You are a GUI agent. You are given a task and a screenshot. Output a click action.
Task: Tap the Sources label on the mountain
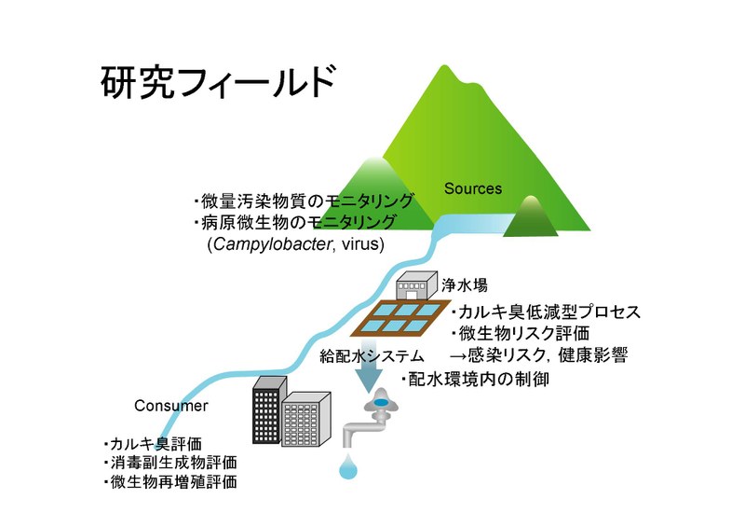[x=472, y=188]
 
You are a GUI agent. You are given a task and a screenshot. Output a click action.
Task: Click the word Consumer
[x=171, y=406]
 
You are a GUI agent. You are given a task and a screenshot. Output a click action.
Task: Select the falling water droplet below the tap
[x=348, y=467]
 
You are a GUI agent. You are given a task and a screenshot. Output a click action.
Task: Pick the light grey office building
[x=307, y=425]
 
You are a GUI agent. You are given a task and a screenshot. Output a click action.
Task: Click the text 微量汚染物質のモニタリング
[x=290, y=201]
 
